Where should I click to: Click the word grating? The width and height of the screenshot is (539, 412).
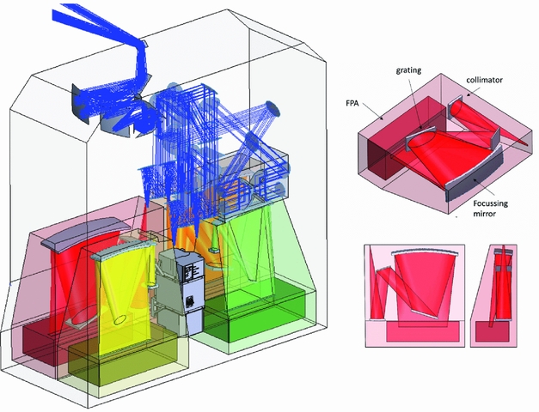(x=408, y=70)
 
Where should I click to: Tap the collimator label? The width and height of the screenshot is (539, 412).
(x=484, y=80)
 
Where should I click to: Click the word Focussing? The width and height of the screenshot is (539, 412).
(x=490, y=203)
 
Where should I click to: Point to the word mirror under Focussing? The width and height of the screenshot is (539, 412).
(x=485, y=213)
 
